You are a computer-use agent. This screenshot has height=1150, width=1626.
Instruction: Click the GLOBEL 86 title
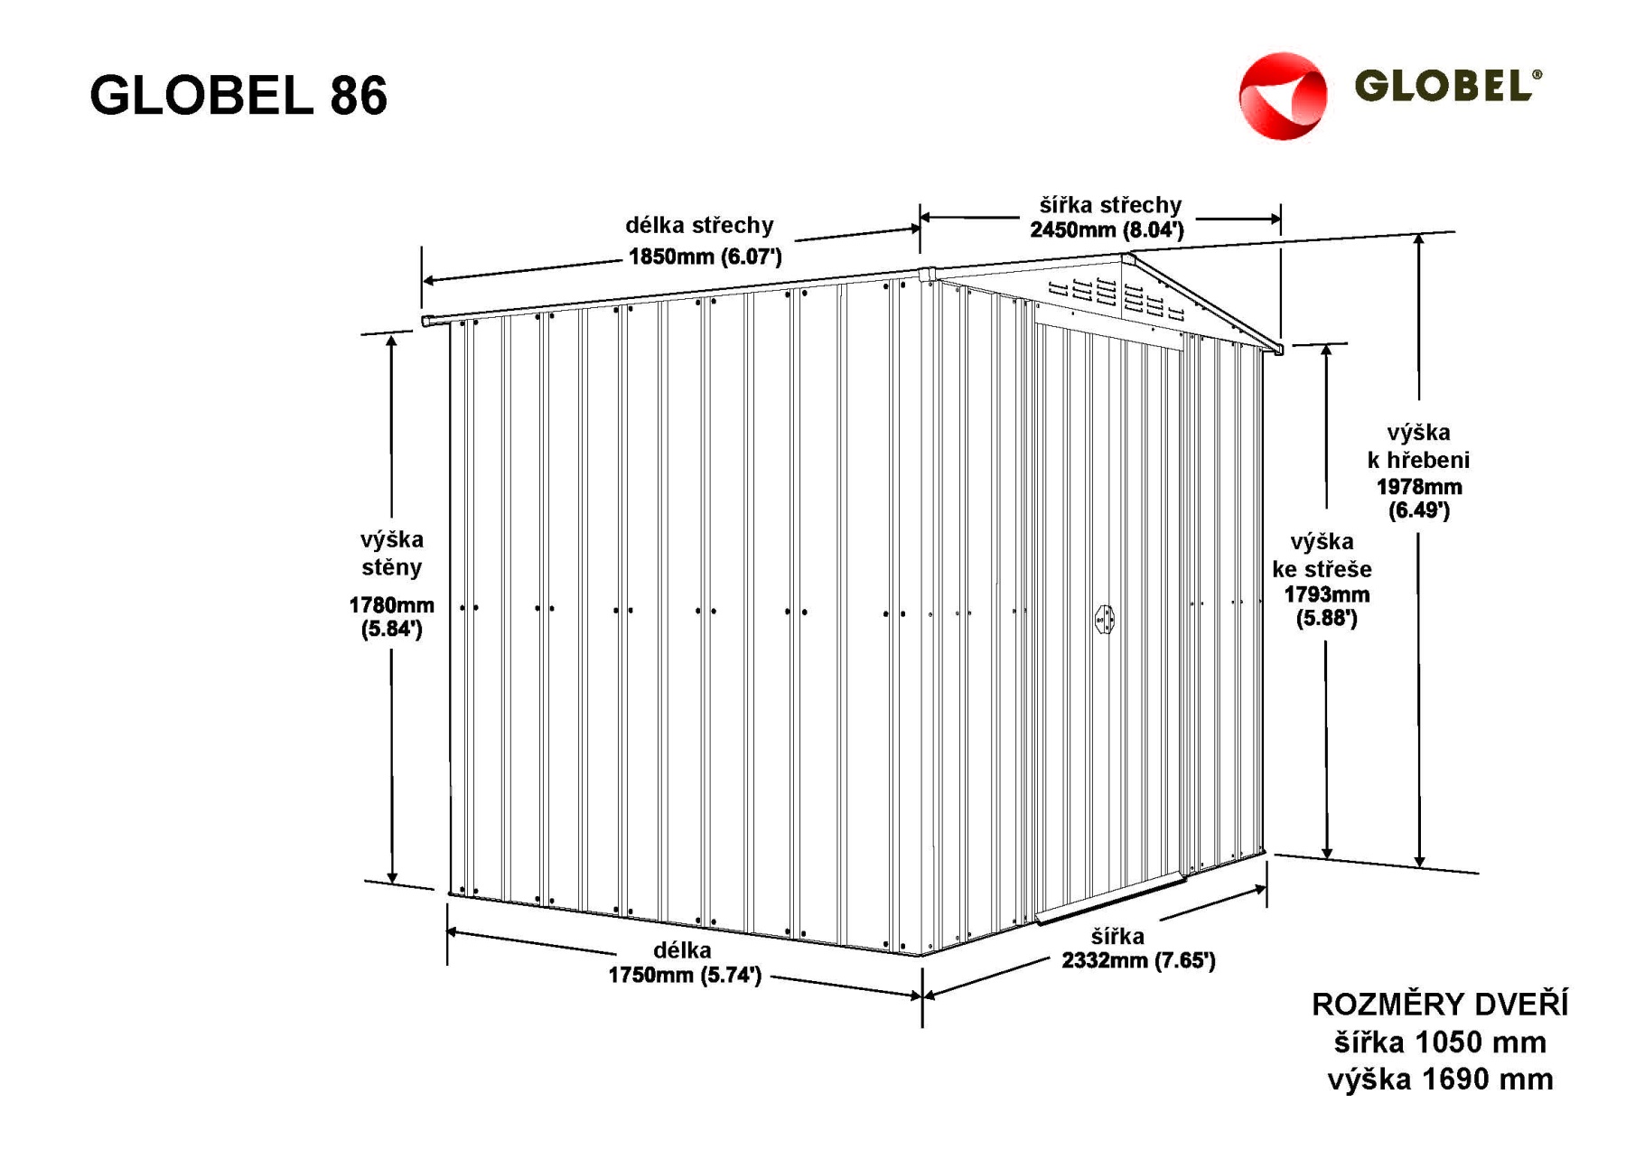(x=238, y=95)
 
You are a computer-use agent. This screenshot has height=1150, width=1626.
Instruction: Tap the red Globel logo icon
(x=1283, y=96)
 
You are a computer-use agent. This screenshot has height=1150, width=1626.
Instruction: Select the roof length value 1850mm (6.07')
(x=705, y=257)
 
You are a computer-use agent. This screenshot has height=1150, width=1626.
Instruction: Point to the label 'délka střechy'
(x=699, y=225)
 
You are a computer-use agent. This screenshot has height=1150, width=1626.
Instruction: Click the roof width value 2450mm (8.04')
(x=1107, y=229)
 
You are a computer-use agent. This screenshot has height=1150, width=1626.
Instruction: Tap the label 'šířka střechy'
(x=1110, y=205)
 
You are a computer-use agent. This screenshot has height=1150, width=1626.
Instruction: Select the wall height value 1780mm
(x=391, y=605)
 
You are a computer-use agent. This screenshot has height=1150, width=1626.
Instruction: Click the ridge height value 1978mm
(x=1419, y=487)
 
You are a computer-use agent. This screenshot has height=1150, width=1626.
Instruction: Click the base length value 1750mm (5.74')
(x=685, y=975)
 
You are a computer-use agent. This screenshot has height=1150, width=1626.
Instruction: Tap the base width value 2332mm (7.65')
(x=1138, y=960)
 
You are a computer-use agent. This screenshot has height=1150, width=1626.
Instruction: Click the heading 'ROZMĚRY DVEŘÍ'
(x=1440, y=1005)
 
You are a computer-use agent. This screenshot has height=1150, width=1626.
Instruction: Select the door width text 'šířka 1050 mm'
(x=1440, y=1042)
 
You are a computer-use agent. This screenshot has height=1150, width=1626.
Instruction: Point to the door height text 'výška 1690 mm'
(x=1440, y=1079)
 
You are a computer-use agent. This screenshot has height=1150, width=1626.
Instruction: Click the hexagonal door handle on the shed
(x=1104, y=620)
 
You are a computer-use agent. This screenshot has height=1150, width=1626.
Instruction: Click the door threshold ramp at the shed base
(x=1110, y=898)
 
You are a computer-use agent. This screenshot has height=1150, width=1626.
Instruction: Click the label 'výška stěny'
(x=391, y=553)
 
